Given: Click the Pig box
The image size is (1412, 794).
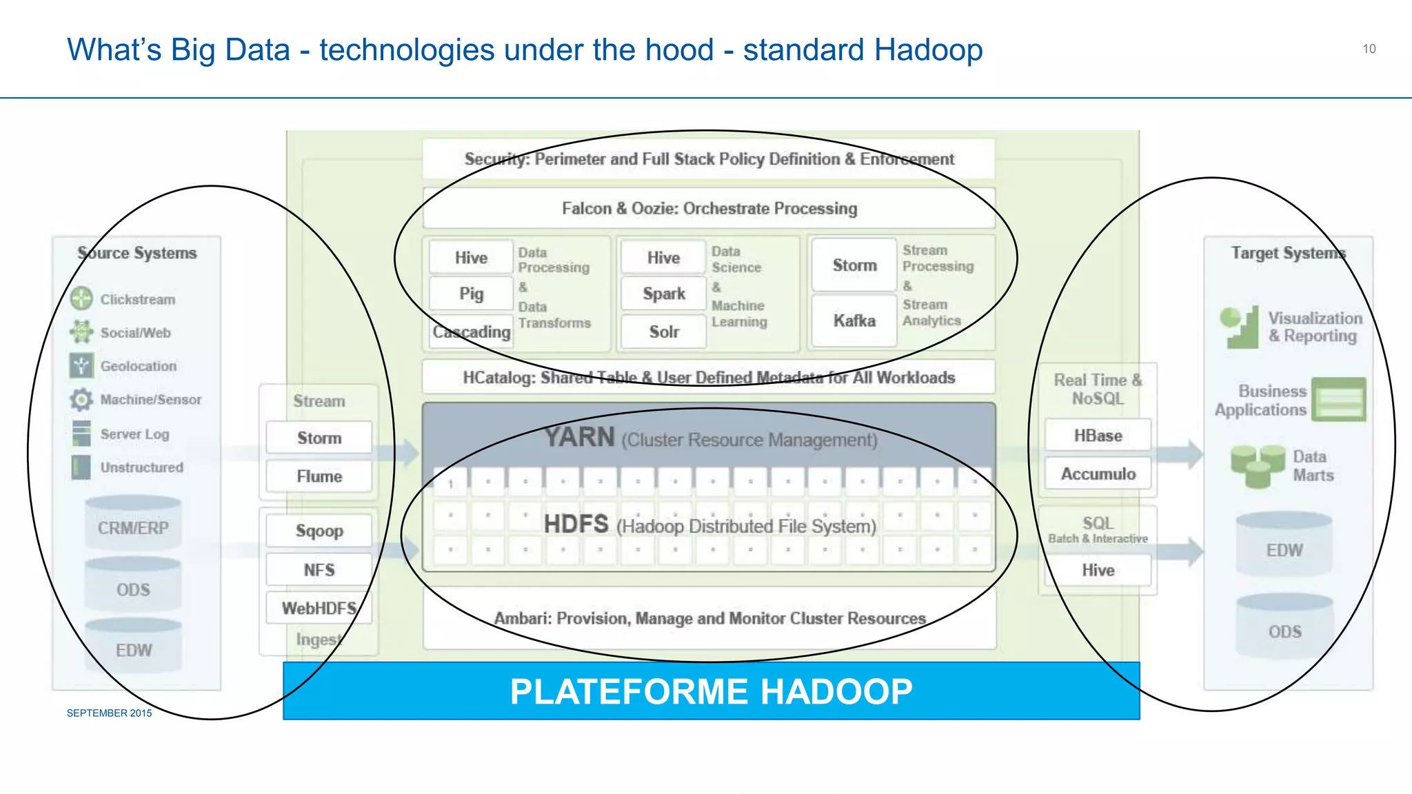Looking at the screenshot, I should (x=472, y=294).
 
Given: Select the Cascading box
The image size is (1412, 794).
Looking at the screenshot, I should (x=472, y=332).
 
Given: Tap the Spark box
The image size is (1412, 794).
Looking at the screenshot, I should (x=664, y=294).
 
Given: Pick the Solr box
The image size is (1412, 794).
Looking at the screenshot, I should (x=664, y=332).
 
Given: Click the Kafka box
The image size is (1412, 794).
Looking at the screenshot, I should (x=854, y=320).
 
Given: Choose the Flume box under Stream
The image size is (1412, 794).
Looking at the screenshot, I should (x=319, y=476).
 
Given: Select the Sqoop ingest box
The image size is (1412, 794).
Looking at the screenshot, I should (x=319, y=531).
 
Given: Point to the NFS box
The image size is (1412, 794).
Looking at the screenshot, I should (x=319, y=570).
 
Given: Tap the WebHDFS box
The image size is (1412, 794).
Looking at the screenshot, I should (x=319, y=608).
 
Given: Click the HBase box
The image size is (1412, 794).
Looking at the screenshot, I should (x=1098, y=436).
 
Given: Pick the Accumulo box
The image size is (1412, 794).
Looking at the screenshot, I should (x=1098, y=474).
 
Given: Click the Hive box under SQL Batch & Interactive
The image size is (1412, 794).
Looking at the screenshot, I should (x=1098, y=570).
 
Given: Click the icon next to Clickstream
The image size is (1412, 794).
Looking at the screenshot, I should (x=81, y=298).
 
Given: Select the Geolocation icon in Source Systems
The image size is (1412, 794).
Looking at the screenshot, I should (x=81, y=365).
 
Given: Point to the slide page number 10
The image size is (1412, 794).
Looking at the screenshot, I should (x=1369, y=49).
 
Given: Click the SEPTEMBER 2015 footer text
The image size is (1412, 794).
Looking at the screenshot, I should (x=109, y=713).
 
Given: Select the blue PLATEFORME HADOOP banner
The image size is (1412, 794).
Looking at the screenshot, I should (x=711, y=691).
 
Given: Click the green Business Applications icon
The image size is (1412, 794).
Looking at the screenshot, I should (x=1338, y=399).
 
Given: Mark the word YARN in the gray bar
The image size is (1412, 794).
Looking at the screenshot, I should (x=579, y=437).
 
